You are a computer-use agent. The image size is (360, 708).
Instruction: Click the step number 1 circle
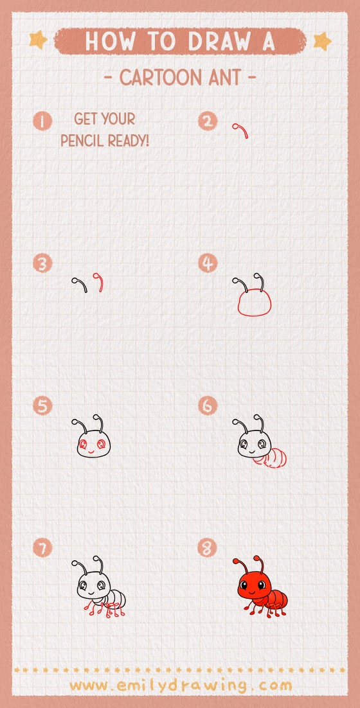click(x=43, y=121)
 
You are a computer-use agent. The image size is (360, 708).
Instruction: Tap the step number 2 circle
click(x=208, y=121)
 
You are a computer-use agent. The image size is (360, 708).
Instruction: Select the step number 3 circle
click(x=43, y=263)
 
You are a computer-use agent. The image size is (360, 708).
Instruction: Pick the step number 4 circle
click(x=208, y=263)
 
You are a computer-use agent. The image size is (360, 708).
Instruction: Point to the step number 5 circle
click(x=43, y=406)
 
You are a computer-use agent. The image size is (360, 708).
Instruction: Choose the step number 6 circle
click(x=208, y=406)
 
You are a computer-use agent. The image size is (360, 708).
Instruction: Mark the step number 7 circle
click(x=43, y=548)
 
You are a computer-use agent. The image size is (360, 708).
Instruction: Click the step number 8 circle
click(x=208, y=548)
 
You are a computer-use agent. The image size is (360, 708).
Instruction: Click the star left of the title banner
click(x=38, y=40)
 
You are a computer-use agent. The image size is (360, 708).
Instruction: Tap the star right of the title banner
click(x=321, y=41)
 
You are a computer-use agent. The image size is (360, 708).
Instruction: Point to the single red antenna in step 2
click(x=242, y=130)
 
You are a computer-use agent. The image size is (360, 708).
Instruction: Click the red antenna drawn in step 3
click(x=99, y=282)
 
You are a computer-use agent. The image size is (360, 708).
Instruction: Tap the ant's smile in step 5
click(x=91, y=451)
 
